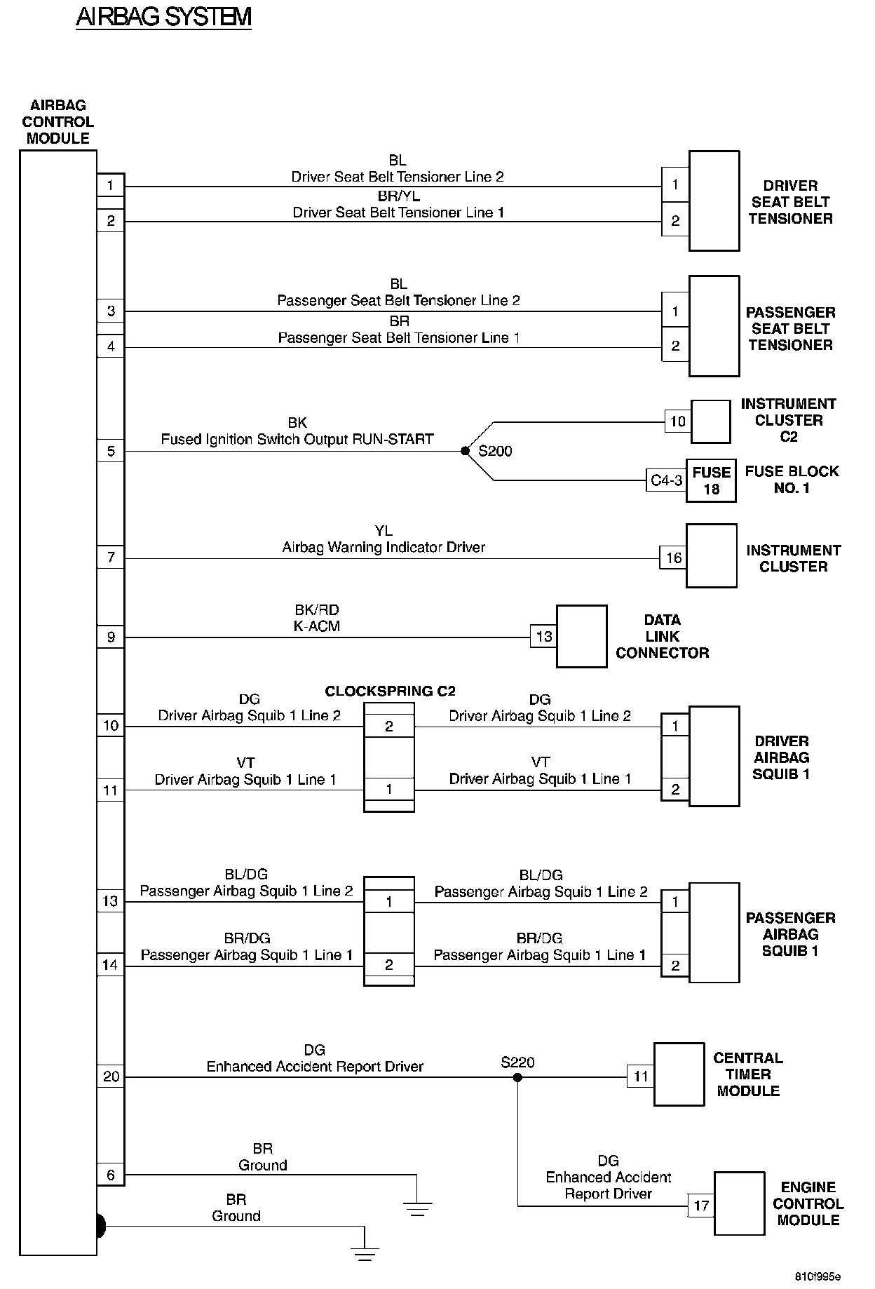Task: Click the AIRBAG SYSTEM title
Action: click(x=163, y=17)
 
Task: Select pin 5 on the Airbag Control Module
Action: click(x=111, y=451)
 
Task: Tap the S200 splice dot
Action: click(x=465, y=451)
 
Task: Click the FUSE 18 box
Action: click(x=711, y=480)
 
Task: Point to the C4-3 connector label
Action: click(x=666, y=480)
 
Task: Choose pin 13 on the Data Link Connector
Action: click(x=544, y=637)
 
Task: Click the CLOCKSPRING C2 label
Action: click(x=390, y=691)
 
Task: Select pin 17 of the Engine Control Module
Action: click(x=701, y=1206)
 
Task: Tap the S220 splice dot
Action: click(x=518, y=1077)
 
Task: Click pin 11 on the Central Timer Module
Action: click(x=641, y=1077)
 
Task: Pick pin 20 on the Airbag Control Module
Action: click(x=111, y=1077)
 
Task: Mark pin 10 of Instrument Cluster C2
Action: click(x=677, y=421)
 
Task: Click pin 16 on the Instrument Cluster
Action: click(x=673, y=558)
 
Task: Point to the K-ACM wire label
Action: click(x=316, y=626)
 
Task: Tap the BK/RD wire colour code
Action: click(x=316, y=610)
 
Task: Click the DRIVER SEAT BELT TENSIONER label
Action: click(x=790, y=202)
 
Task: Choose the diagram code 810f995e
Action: click(x=818, y=1276)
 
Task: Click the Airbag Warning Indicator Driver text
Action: click(x=384, y=547)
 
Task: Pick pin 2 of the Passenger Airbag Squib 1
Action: click(x=675, y=966)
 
